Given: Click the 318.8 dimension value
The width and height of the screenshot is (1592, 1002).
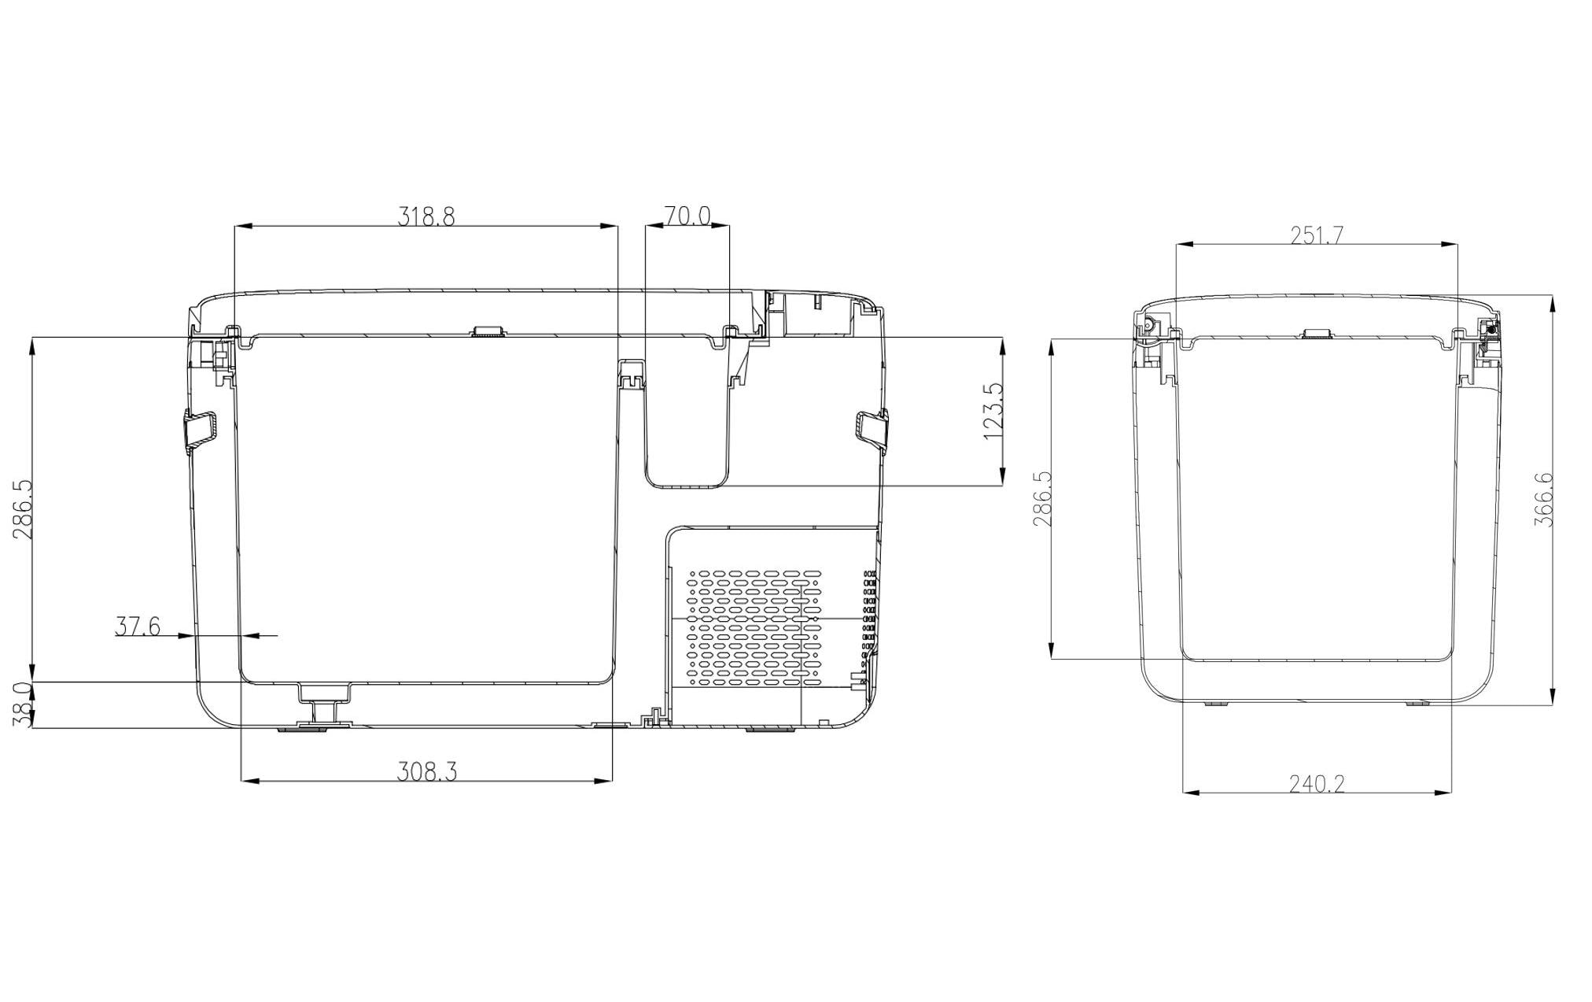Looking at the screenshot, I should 426,216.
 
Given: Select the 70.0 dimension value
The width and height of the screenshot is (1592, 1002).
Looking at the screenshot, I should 687,216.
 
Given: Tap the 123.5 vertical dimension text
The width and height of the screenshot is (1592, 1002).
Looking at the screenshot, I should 993,411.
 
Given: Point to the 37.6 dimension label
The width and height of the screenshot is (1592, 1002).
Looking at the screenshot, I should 138,627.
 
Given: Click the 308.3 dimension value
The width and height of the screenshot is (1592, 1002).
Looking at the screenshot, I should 426,772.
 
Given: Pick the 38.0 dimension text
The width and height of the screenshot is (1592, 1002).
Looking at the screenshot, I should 23,704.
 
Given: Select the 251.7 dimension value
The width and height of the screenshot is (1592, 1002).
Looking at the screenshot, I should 1317,235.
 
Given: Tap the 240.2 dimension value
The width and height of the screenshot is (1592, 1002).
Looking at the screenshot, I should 1317,783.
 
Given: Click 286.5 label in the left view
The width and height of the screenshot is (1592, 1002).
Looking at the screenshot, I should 23,509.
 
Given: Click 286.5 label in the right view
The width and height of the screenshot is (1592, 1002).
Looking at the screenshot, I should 1043,499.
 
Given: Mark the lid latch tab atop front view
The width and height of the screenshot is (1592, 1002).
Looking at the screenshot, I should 488,331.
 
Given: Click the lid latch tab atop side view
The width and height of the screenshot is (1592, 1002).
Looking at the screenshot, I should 1316,334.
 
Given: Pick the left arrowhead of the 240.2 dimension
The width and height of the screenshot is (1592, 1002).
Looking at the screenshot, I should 1191,793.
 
